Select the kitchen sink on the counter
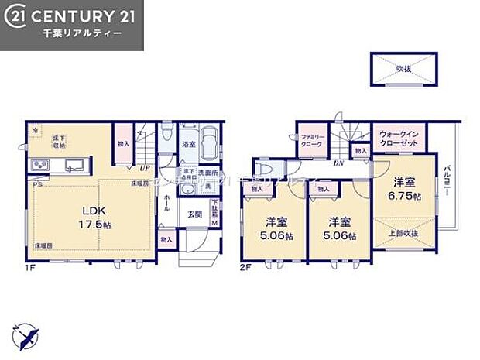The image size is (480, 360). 76,166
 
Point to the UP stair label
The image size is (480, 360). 145,167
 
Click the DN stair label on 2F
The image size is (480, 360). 338,163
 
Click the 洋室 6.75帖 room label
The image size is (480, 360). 405,190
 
